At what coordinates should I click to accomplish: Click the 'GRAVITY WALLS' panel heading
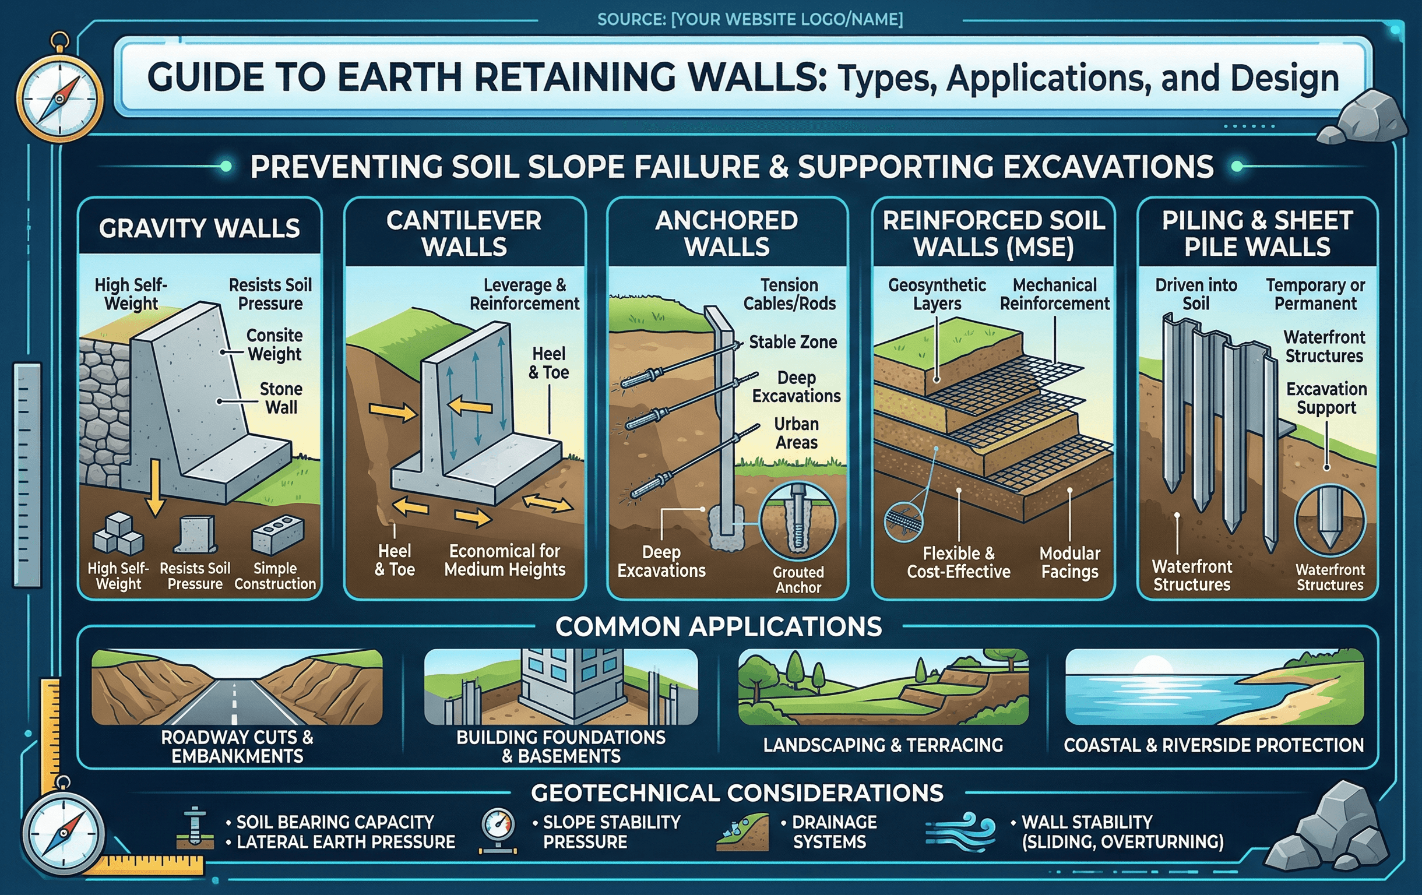pyautogui.click(x=199, y=228)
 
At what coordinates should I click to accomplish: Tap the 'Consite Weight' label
pyautogui.click(x=274, y=345)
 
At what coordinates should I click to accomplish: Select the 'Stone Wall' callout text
pyautogui.click(x=281, y=399)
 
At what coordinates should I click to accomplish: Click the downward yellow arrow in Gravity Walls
pyautogui.click(x=155, y=487)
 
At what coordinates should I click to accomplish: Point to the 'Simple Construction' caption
pyautogui.click(x=275, y=576)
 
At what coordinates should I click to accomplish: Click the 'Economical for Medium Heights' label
pyautogui.click(x=505, y=560)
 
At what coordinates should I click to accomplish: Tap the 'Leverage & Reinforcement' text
pyautogui.click(x=525, y=294)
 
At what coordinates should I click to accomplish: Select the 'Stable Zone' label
pyautogui.click(x=793, y=342)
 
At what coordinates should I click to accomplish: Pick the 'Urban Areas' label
pyautogui.click(x=796, y=433)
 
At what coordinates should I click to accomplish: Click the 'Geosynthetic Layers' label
pyautogui.click(x=937, y=294)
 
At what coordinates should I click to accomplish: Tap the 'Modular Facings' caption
pyautogui.click(x=1069, y=562)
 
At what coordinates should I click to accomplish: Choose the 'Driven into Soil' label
pyautogui.click(x=1196, y=294)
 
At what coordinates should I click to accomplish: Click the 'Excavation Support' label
pyautogui.click(x=1326, y=398)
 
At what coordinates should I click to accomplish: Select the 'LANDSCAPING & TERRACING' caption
pyautogui.click(x=883, y=745)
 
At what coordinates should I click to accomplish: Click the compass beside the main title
pyautogui.click(x=59, y=96)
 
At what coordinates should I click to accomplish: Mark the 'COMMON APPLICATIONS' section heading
pyautogui.click(x=718, y=627)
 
